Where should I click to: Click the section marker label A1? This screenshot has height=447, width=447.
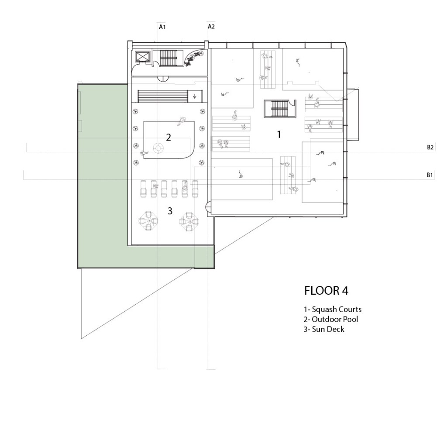[x=162, y=27]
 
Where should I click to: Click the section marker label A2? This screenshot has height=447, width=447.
[x=211, y=27]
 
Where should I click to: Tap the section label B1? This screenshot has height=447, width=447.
[x=430, y=175]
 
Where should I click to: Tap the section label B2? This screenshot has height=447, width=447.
[x=430, y=148]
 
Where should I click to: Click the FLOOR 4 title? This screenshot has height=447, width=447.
[x=326, y=291]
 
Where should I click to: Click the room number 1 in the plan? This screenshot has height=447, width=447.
[x=279, y=134]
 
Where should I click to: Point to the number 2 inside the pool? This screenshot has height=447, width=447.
[x=168, y=138]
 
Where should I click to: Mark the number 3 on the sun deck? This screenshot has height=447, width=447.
[x=170, y=211]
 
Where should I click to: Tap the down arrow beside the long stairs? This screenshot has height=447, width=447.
[x=195, y=96]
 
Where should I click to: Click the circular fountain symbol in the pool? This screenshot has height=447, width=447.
[x=158, y=148]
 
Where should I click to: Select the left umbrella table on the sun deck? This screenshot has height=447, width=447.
[x=148, y=220]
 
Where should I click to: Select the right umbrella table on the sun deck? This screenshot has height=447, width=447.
[x=189, y=221]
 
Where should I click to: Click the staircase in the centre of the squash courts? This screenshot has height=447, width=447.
[x=280, y=109]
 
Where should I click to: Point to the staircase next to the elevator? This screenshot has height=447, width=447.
[x=168, y=58]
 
